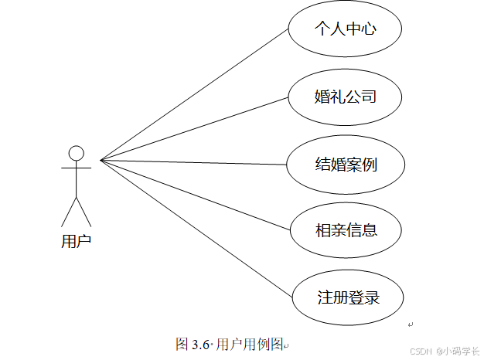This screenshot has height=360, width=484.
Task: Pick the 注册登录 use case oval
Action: tap(349, 297)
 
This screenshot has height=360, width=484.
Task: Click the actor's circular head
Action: tap(76, 152)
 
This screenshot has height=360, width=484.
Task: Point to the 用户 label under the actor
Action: tap(76, 241)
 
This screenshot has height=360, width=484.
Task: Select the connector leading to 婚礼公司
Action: tap(193, 129)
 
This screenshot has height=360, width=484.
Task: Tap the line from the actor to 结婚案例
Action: tap(193, 162)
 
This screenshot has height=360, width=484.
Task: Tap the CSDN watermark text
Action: tap(420, 350)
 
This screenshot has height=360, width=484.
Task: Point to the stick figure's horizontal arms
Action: tap(76, 166)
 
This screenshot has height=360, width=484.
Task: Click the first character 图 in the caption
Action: tap(182, 344)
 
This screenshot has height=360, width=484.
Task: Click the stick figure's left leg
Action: tap(68, 212)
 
